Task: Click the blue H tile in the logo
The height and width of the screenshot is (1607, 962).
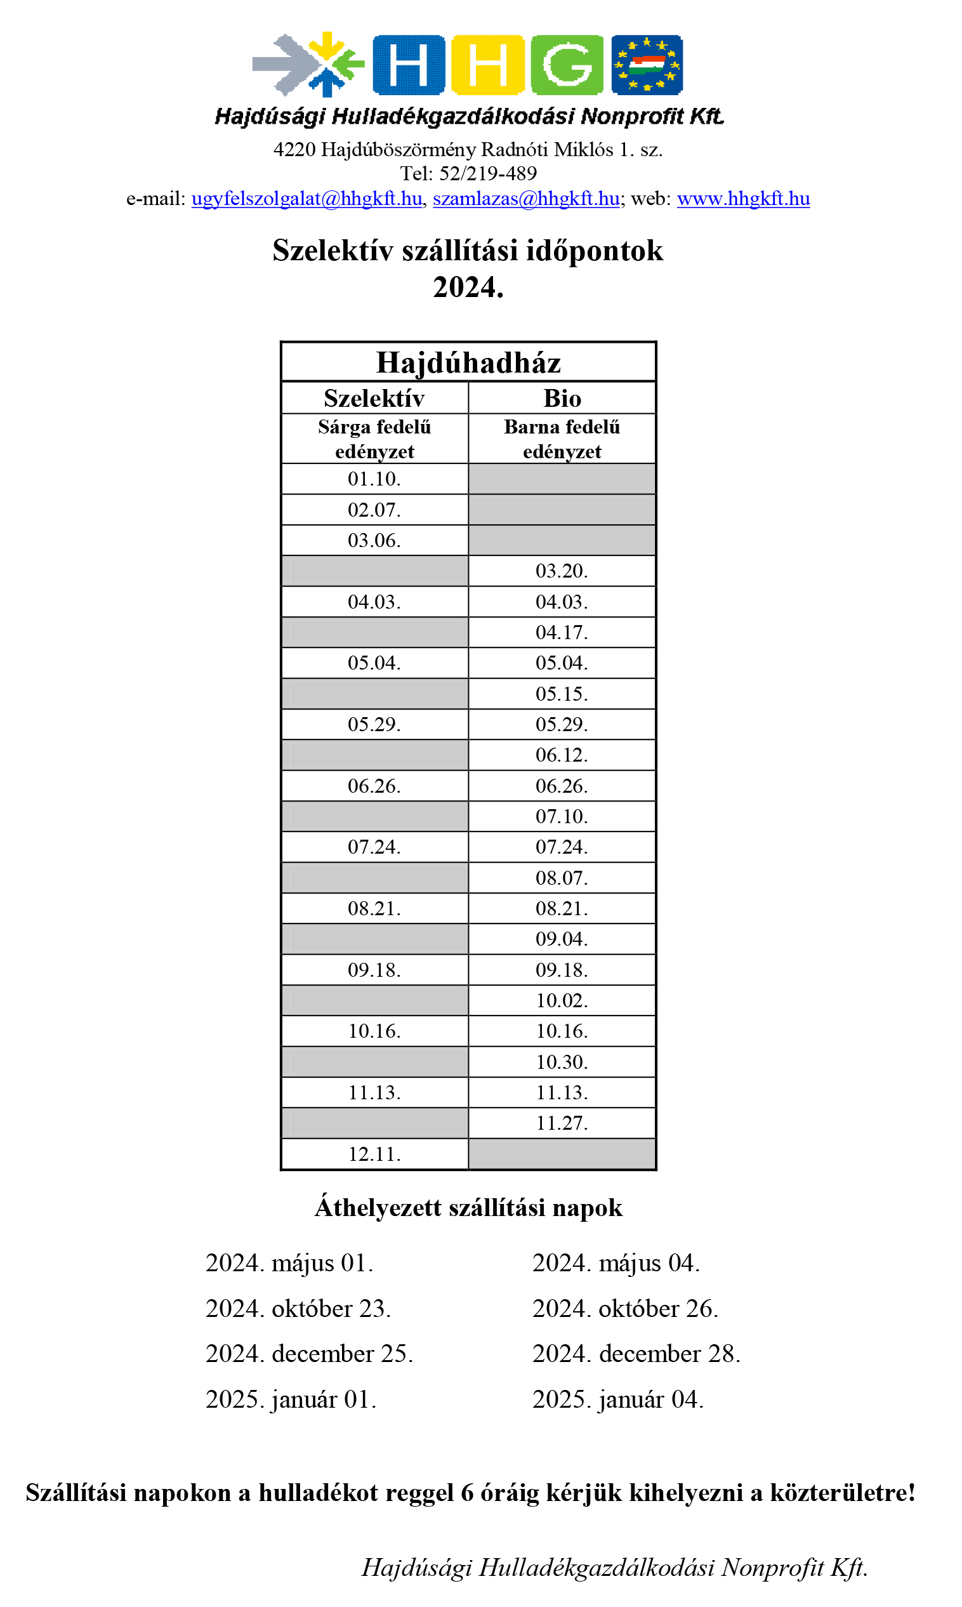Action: click(409, 65)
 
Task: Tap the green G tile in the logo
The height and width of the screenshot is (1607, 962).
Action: click(567, 65)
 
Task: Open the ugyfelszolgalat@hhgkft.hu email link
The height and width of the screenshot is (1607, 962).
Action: click(306, 199)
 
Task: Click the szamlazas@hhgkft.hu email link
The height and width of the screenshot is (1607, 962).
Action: click(525, 199)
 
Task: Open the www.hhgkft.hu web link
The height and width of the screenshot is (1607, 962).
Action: click(743, 199)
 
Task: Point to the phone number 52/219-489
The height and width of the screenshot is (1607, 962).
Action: click(487, 174)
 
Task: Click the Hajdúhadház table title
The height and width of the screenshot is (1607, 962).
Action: click(468, 363)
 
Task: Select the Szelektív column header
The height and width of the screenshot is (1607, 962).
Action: click(374, 398)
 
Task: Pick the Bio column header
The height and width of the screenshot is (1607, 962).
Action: click(562, 398)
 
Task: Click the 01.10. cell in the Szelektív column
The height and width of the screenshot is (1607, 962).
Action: click(374, 479)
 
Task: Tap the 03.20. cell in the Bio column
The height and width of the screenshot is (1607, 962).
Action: click(562, 571)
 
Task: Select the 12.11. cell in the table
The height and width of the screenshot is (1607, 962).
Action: click(374, 1154)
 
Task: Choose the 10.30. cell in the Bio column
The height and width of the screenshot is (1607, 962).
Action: click(562, 1062)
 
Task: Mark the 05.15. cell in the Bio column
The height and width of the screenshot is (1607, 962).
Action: click(562, 694)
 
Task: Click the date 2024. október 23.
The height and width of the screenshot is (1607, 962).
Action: click(298, 1309)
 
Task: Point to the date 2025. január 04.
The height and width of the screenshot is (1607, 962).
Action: click(617, 1399)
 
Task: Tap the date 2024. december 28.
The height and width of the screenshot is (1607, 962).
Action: click(636, 1354)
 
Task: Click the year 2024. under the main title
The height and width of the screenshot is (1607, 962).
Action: click(468, 287)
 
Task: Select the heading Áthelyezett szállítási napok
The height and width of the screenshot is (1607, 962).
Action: click(468, 1208)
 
